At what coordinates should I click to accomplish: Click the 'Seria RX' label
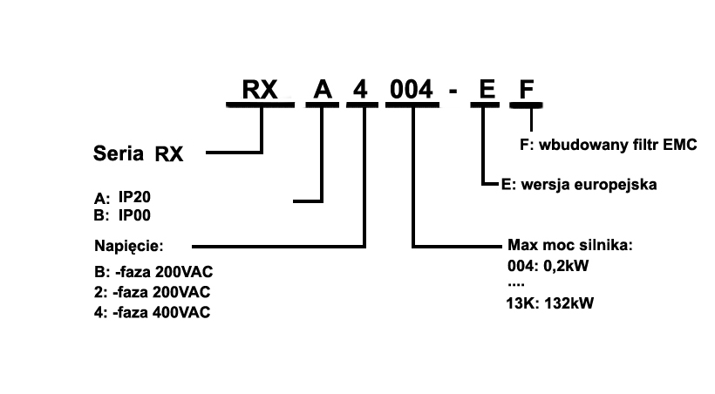click(138, 154)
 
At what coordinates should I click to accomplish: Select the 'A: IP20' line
click(127, 198)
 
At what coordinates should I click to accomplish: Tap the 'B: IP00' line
click(127, 213)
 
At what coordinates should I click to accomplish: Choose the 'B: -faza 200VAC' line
click(151, 273)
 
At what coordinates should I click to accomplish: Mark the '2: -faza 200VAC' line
click(151, 291)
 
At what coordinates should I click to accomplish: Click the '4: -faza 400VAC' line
click(151, 311)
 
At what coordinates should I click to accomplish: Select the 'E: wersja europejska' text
click(579, 185)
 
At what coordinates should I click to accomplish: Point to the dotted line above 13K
click(516, 285)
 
